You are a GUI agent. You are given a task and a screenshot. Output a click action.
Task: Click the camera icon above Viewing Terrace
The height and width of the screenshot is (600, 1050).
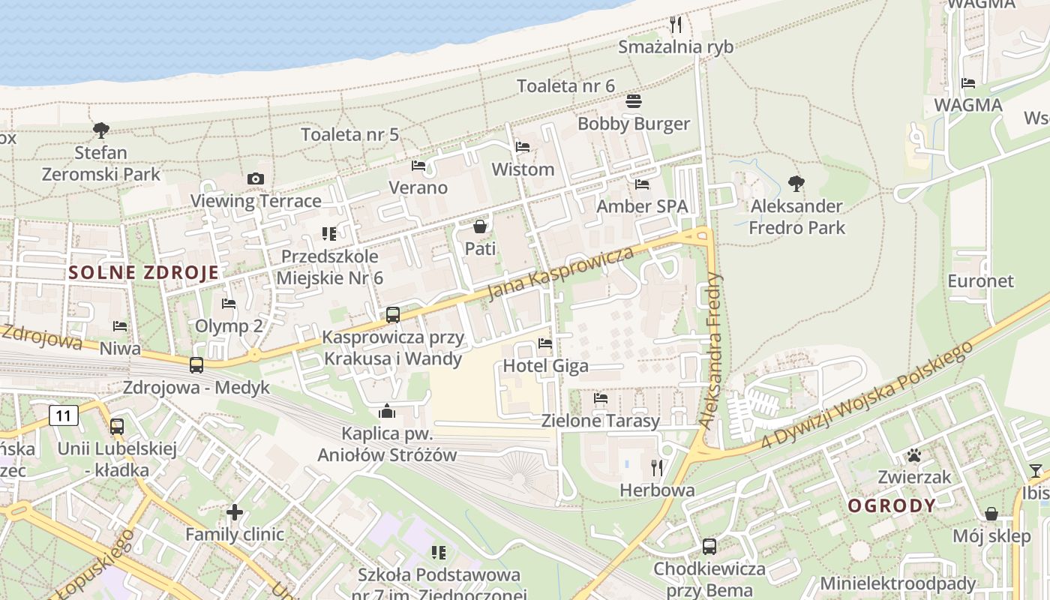click(x=256, y=178)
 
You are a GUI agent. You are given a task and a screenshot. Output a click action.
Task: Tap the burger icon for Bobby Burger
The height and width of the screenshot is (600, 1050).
click(x=633, y=101)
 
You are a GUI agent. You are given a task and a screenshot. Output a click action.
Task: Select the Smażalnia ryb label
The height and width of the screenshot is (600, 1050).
click(x=676, y=47)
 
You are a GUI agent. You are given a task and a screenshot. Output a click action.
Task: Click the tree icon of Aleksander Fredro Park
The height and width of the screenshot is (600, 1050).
click(x=796, y=183)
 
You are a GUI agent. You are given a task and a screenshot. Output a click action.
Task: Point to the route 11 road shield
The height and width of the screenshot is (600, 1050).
click(x=64, y=415)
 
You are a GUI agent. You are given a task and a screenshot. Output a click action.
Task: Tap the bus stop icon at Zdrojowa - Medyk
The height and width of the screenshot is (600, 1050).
click(x=196, y=365)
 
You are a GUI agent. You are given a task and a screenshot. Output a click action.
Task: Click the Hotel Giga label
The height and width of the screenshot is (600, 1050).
click(x=545, y=366)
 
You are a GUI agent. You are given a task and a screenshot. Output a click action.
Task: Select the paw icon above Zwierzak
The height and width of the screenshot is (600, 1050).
click(x=913, y=455)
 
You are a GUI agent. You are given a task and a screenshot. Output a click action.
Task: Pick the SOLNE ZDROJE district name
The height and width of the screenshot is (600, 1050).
click(x=143, y=272)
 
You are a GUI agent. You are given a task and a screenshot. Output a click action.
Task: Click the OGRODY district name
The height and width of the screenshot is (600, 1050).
click(x=892, y=505)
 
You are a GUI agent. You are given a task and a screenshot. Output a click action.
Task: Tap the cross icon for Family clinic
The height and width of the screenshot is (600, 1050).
click(x=235, y=513)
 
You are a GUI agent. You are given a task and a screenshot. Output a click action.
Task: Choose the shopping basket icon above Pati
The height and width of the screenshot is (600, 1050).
click(x=480, y=226)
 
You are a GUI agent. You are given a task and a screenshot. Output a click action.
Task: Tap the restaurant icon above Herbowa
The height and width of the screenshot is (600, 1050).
click(x=657, y=468)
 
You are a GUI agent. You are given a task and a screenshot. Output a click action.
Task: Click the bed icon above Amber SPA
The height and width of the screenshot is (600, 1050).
click(x=642, y=184)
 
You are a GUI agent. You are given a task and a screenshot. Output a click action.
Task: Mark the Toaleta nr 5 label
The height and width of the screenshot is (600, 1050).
click(x=349, y=135)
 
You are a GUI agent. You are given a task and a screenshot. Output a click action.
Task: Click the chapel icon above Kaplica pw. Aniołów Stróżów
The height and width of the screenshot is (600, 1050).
click(x=387, y=411)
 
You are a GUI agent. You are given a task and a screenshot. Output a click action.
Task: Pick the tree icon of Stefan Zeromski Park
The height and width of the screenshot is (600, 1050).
click(x=100, y=130)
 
